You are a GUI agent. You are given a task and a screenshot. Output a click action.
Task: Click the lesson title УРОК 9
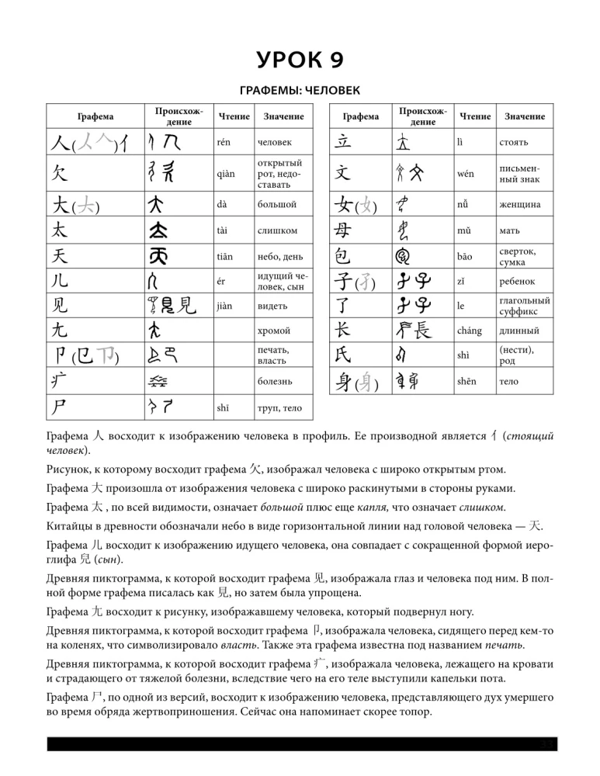(300, 60)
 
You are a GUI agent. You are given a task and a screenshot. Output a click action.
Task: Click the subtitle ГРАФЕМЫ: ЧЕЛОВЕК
(300, 92)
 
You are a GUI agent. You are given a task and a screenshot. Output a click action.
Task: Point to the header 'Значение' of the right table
(524, 116)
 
